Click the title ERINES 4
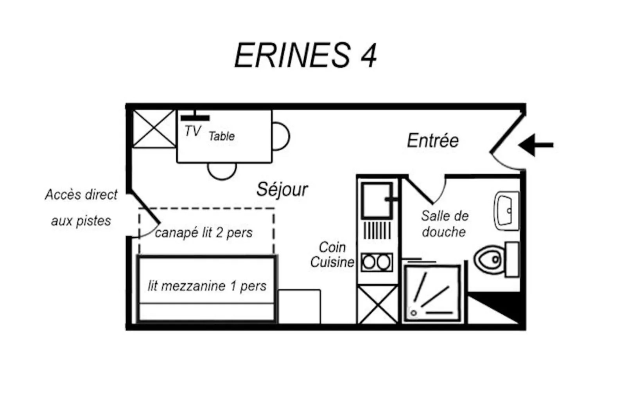pos(305,56)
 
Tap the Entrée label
pos(432,141)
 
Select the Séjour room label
pos(282,190)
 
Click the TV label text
pos(192,131)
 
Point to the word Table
pos(221,136)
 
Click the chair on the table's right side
pos(280,136)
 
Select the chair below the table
pos(222,170)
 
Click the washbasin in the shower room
pos(507,210)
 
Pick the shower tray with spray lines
pos(432,294)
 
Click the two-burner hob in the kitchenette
pos(377,262)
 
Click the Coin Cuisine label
pos(332,255)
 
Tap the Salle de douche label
pos(444,224)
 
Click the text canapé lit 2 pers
pos(203,233)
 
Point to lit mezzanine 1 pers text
pos(206,286)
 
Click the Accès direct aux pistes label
pos(81,208)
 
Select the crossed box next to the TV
pos(154,128)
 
